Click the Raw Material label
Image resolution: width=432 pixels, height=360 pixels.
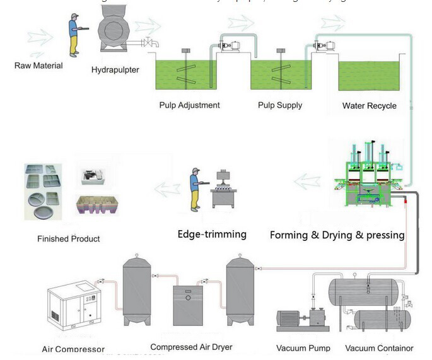point(38,66)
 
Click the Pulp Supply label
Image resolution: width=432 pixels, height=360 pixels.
point(280,105)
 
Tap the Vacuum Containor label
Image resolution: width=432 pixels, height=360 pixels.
point(379,348)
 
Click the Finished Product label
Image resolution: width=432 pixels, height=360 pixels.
point(68,239)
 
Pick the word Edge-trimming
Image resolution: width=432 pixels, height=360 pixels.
point(212,235)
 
